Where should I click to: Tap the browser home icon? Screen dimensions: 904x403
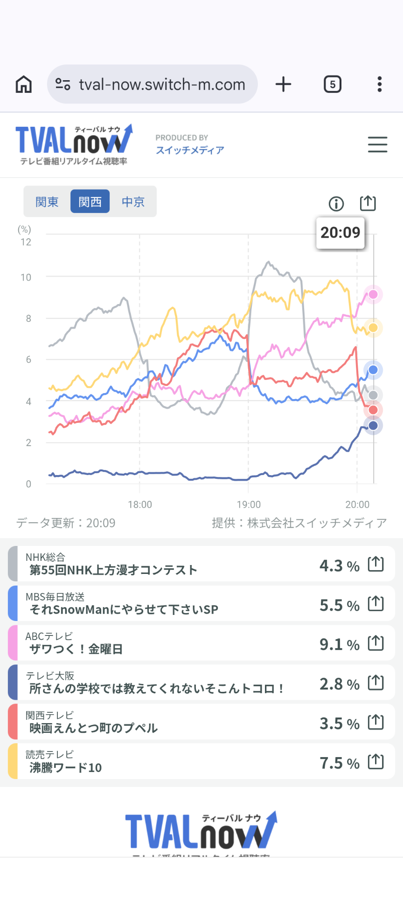coord(24,84)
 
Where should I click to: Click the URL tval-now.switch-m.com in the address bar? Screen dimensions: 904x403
coord(162,84)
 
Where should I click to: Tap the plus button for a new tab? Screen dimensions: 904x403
coord(283,84)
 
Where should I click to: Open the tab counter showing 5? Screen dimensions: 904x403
coord(333,84)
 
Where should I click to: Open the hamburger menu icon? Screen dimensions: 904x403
coord(377,145)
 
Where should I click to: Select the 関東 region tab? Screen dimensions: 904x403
coord(47,201)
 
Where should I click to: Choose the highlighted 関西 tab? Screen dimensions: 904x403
coord(90,201)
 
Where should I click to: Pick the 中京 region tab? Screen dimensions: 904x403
coord(133,201)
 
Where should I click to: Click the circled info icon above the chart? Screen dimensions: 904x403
coord(336,204)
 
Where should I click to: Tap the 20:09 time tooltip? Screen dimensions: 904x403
coord(340,232)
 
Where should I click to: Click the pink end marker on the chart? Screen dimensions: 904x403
coord(373,294)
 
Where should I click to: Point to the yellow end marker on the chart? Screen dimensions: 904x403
coord(373,328)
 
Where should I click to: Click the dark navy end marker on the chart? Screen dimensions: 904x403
coord(373,425)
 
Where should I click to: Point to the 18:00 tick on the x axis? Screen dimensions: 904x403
coord(140,504)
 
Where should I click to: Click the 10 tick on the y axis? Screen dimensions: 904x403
coord(26,277)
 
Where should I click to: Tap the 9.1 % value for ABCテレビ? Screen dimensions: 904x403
coord(339,644)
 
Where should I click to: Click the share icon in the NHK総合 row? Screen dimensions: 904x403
coord(375,564)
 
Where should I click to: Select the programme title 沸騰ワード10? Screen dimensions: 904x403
coord(66,767)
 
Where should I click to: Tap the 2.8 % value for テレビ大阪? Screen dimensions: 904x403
coord(339,684)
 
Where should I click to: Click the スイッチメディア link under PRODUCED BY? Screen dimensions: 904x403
coord(190,150)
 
